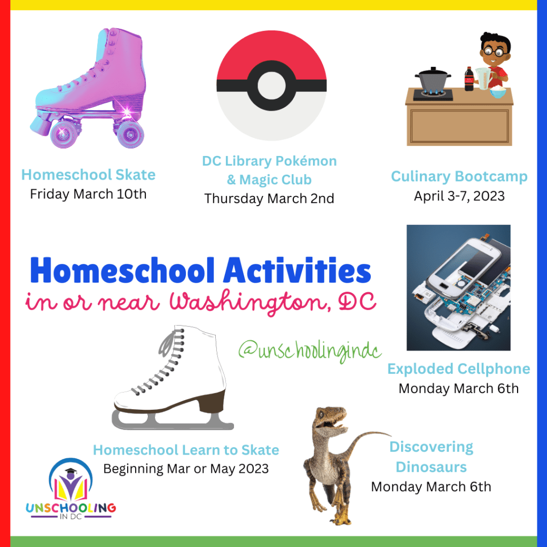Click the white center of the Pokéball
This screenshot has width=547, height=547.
click(x=271, y=85)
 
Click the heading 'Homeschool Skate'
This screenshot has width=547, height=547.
click(x=88, y=175)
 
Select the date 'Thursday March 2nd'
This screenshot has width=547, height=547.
click(x=269, y=199)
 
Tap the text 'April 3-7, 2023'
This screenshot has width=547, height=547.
click(x=459, y=196)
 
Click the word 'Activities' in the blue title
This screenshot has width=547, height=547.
click(x=297, y=270)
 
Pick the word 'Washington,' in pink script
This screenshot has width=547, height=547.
click(x=250, y=302)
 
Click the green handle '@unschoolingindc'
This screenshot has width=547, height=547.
click(x=310, y=350)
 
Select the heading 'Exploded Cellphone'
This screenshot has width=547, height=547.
click(x=459, y=369)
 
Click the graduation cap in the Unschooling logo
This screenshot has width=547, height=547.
click(x=71, y=471)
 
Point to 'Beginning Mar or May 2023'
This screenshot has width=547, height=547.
click(x=186, y=468)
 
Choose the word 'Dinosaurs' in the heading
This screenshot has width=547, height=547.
click(x=431, y=467)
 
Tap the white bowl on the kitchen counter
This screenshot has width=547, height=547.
click(x=498, y=92)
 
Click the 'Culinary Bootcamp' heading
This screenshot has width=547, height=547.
click(x=459, y=176)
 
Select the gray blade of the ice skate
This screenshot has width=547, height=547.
click(x=173, y=420)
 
